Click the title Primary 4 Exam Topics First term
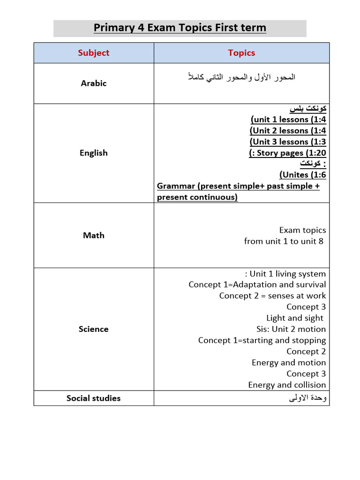180,28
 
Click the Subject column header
93,53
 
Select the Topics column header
241,53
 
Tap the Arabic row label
93,83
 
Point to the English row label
93,153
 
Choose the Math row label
93,235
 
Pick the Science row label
93,329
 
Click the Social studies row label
93,398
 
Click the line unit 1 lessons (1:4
288,120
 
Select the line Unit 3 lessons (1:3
288,142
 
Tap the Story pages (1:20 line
287,153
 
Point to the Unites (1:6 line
302,175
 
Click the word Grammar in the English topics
176,186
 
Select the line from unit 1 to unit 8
284,241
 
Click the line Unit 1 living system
285,274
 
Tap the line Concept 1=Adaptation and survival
257,285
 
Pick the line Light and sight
295,318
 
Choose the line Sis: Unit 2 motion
291,329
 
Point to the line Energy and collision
287,385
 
